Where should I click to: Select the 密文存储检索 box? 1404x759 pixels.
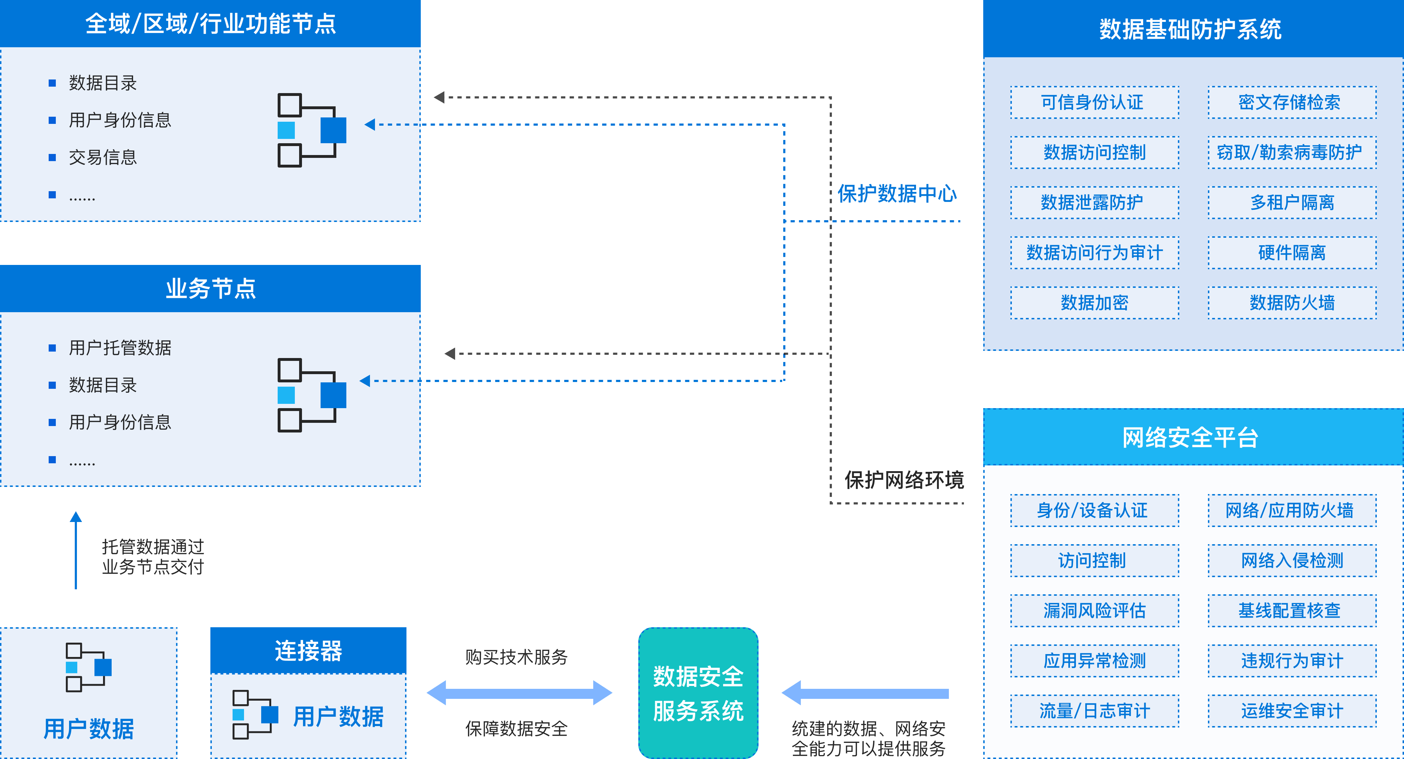pyautogui.click(x=1292, y=102)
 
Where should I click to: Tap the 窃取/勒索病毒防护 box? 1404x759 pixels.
pyautogui.click(x=1292, y=153)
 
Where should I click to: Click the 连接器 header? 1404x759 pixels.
pyautogui.click(x=308, y=651)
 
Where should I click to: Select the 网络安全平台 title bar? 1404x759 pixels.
pyautogui.click(x=1193, y=437)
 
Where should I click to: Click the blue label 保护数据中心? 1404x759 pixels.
pyautogui.click(x=897, y=194)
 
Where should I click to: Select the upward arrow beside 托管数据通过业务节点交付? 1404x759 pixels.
pyautogui.click(x=76, y=551)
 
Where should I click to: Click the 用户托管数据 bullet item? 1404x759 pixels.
pyautogui.click(x=120, y=348)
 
